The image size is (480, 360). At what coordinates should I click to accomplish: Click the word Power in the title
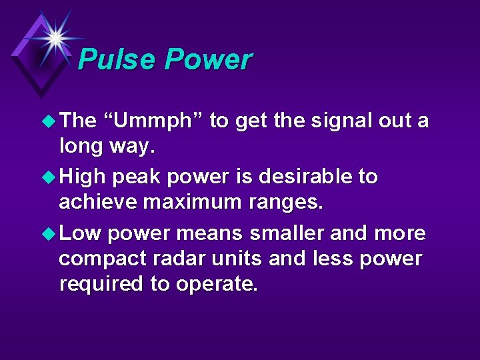click(x=208, y=59)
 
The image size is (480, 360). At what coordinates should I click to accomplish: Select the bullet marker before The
click(x=49, y=122)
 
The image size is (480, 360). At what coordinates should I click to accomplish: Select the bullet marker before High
click(x=49, y=178)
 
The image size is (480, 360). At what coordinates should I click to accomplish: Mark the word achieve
click(x=98, y=202)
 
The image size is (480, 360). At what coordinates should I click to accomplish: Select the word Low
click(x=80, y=234)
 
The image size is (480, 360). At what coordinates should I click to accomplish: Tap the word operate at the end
click(x=216, y=285)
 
